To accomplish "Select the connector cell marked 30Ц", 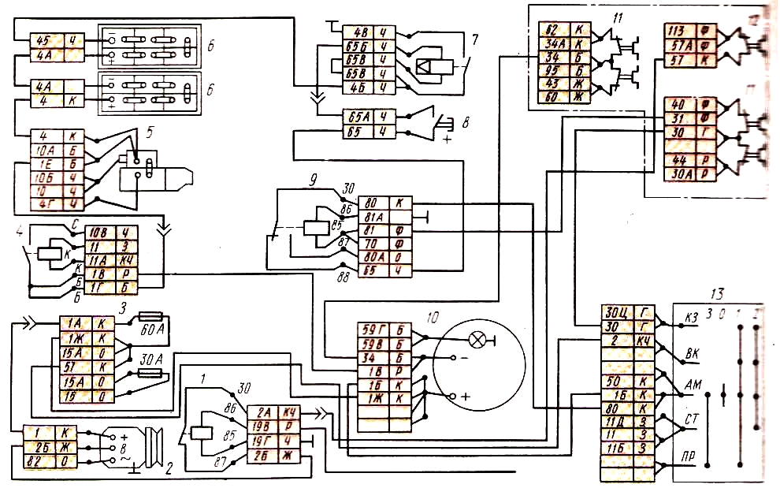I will tap(614, 311).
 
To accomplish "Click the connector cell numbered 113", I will tap(677, 32).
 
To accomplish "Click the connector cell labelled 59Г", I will tap(370, 330).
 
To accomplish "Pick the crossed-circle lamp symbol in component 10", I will tap(477, 341).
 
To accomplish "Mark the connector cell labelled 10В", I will tap(98, 233).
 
